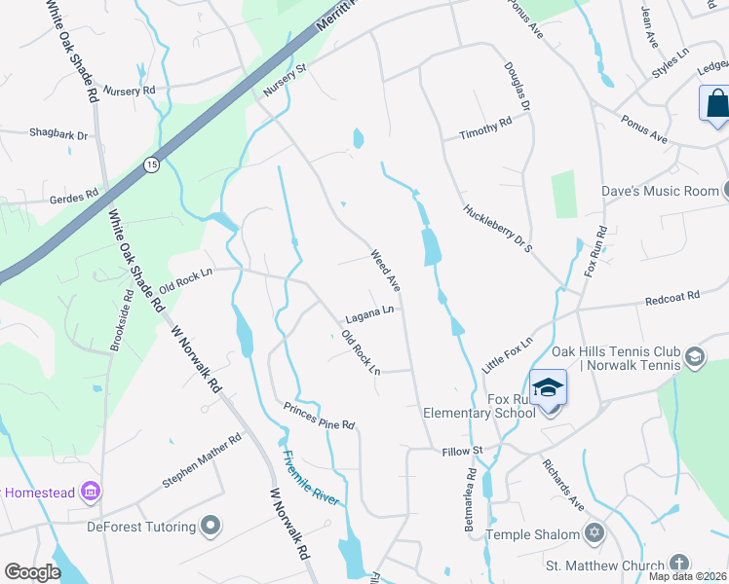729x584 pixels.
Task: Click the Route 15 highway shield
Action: click(151, 165)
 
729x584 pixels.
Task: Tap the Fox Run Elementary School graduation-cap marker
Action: click(549, 388)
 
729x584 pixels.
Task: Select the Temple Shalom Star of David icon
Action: click(595, 533)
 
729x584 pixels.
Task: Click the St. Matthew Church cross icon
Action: click(678, 564)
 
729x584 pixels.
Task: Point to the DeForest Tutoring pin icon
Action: click(211, 527)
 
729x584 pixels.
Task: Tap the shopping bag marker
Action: click(716, 104)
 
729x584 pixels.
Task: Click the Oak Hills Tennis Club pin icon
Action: click(694, 357)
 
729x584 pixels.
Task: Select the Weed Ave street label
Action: click(386, 272)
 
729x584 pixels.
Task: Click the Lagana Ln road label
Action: click(369, 314)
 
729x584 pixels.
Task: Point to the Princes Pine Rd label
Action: click(319, 417)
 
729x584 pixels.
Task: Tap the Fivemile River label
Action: click(311, 477)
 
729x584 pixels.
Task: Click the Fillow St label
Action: click(463, 451)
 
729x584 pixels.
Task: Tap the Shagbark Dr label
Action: click(58, 133)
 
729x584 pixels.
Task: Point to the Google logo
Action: click(32, 572)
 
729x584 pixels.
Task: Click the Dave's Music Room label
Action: click(659, 191)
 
